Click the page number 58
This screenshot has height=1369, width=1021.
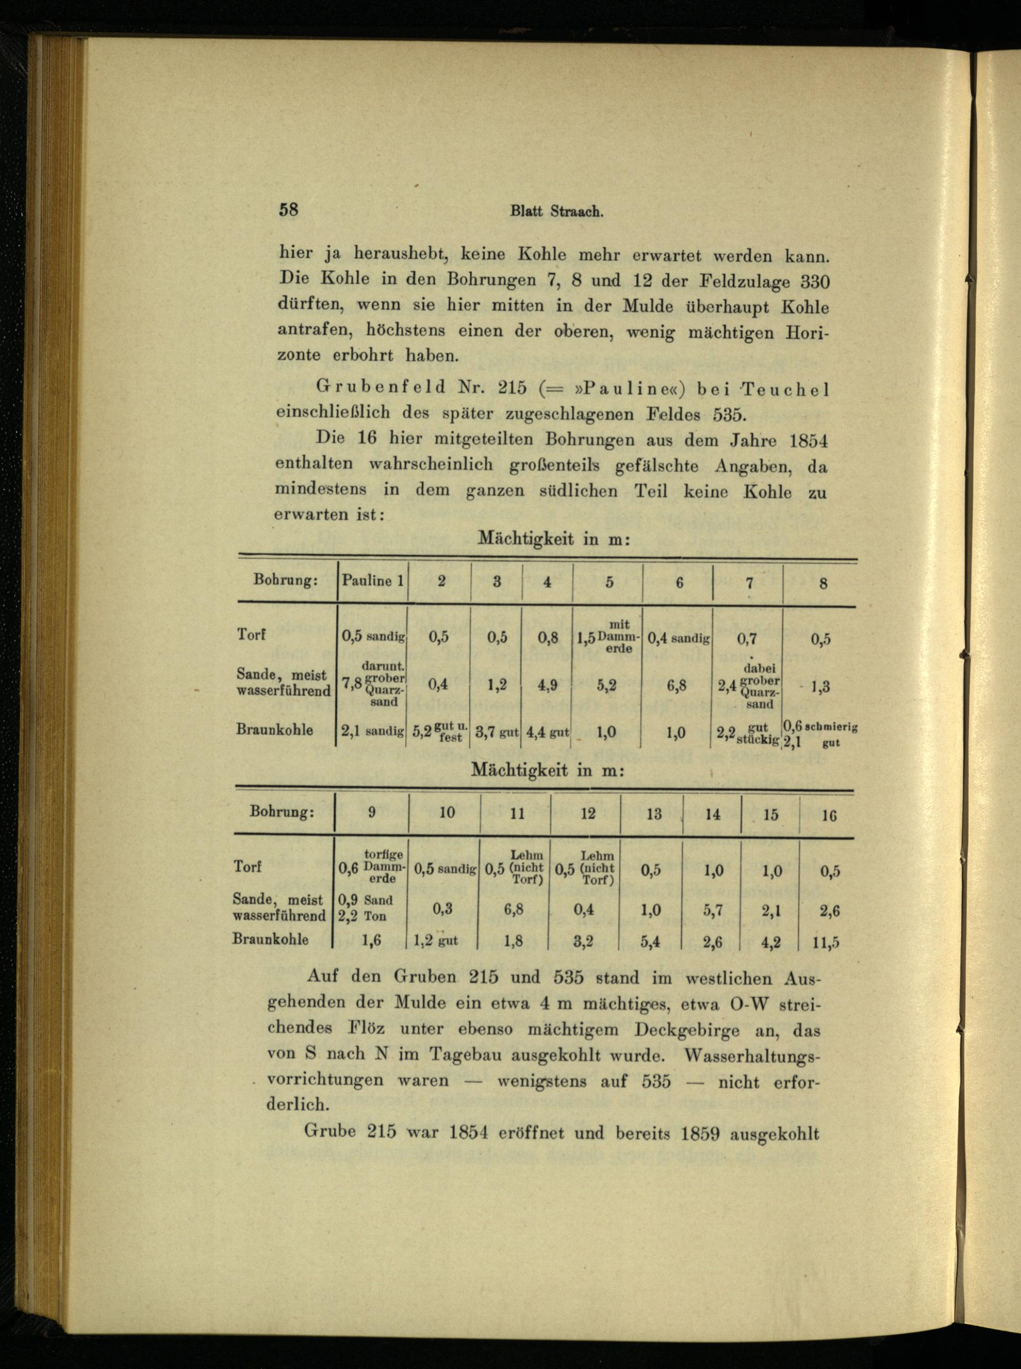(288, 209)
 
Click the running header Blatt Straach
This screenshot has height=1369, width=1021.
(556, 211)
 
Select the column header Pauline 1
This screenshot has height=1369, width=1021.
(373, 581)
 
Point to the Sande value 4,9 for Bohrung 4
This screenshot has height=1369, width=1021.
(546, 685)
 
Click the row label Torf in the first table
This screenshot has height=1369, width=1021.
(251, 634)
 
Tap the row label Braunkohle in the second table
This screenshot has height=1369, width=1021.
(270, 939)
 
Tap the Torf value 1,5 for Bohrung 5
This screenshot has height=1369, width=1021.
(585, 639)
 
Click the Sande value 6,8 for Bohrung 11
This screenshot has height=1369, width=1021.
(514, 910)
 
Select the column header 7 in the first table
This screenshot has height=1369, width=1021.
(749, 582)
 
